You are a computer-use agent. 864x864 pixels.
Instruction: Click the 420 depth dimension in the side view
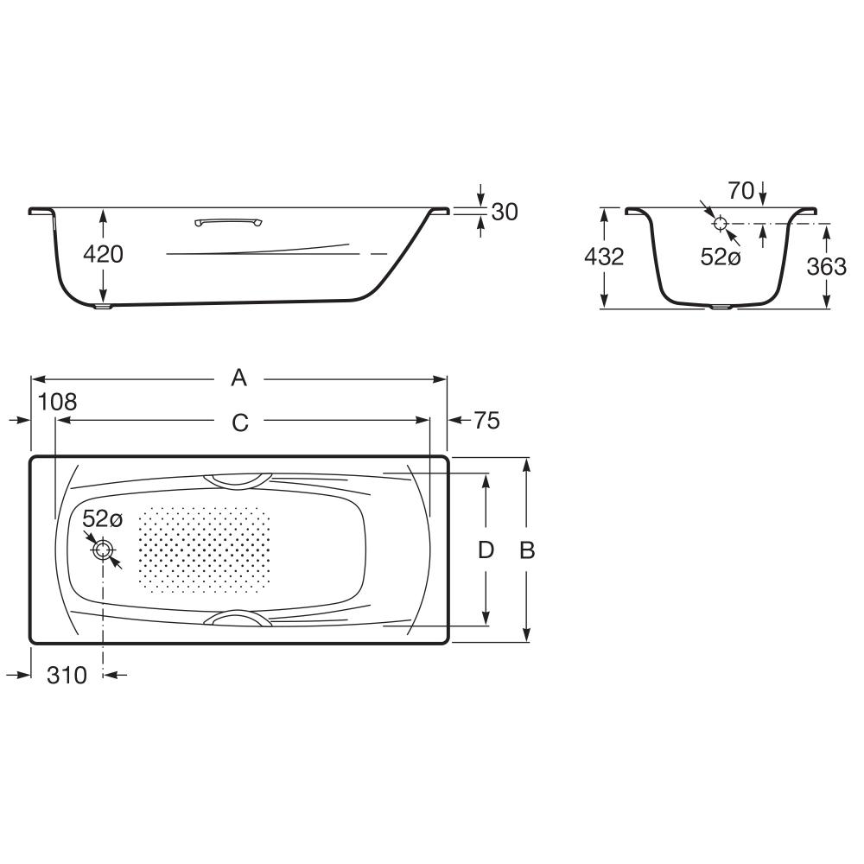103,255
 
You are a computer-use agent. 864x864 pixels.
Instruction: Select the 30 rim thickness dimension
505,213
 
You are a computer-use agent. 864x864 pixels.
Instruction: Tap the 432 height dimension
604,257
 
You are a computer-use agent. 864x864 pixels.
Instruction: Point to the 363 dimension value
827,267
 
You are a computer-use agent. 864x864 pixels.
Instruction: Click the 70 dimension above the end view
741,191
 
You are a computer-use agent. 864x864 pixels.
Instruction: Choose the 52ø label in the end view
721,257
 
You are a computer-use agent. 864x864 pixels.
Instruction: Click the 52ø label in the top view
103,518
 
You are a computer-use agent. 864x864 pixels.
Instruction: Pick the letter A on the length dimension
238,378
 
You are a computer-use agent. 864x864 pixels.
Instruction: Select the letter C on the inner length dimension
240,422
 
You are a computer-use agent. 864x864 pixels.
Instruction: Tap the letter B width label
527,550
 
